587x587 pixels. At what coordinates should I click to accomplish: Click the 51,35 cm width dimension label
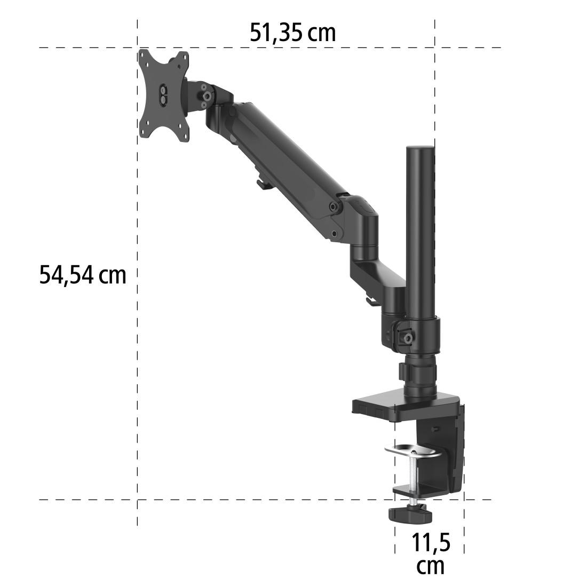coord(293,33)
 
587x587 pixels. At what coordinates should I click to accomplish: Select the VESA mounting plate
coord(164,96)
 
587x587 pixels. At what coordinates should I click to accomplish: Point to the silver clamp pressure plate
coord(413,450)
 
